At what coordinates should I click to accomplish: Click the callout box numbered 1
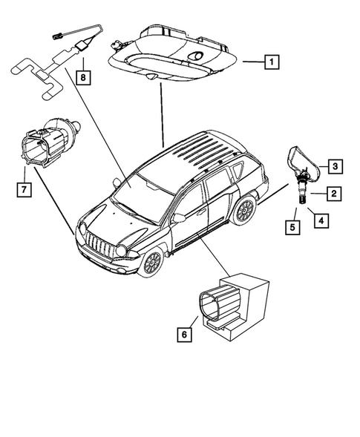[x=272, y=62]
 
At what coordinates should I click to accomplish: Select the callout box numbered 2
[x=334, y=194]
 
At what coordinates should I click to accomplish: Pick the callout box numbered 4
[x=321, y=220]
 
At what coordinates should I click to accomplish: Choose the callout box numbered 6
[x=183, y=335]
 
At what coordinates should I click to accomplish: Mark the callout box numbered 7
[x=24, y=191]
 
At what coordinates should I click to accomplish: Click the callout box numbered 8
[x=84, y=76]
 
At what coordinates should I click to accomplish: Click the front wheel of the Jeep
[x=151, y=262]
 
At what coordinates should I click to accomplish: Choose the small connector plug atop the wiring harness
[x=56, y=33]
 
